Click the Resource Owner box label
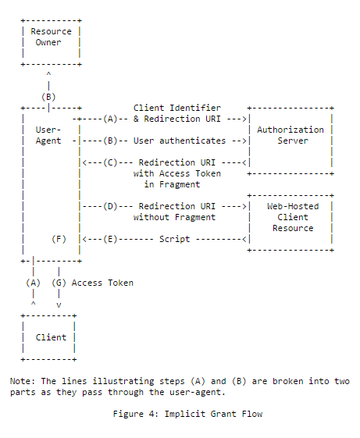click(x=51, y=37)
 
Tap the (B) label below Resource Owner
click(x=48, y=96)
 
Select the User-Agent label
click(x=48, y=135)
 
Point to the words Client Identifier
click(x=176, y=108)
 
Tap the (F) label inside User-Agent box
click(x=59, y=239)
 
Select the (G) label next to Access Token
click(x=59, y=283)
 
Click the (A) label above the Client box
click(x=33, y=283)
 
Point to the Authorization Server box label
click(x=290, y=135)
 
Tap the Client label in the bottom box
click(x=51, y=337)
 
